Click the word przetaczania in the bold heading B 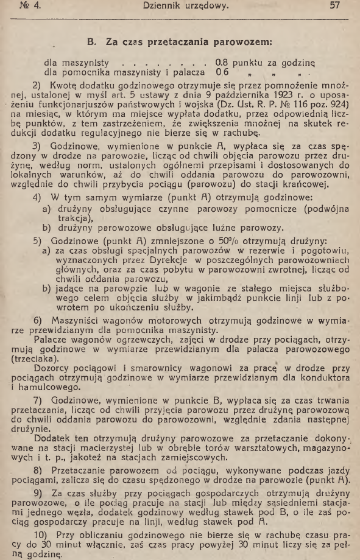(178, 43)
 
